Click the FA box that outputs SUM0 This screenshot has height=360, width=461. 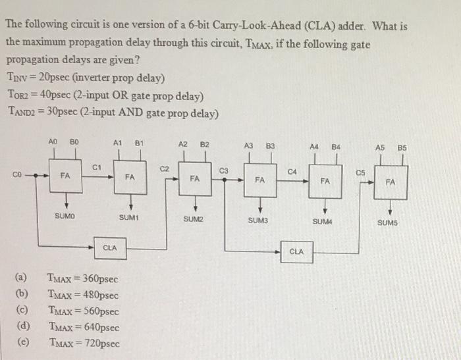[x=64, y=176]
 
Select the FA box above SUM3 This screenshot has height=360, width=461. [x=259, y=178]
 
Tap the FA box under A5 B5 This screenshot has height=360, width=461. [x=391, y=183]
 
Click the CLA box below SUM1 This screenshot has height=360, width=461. [x=110, y=247]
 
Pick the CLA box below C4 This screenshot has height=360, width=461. [x=296, y=251]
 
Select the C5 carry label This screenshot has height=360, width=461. [x=360, y=173]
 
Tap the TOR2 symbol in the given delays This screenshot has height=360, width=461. [x=17, y=95]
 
